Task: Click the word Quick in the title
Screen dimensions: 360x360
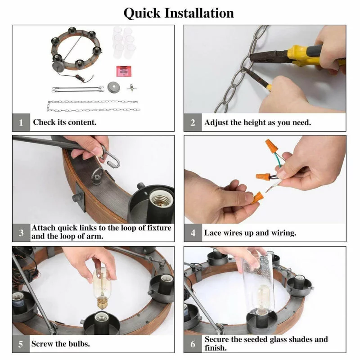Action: click(142, 13)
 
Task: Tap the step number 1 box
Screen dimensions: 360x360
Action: click(21, 122)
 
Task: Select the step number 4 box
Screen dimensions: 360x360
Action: click(193, 233)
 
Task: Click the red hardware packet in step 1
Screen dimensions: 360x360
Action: click(124, 71)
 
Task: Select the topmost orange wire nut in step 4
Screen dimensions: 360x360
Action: click(271, 145)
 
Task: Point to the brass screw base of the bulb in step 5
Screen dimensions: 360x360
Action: click(102, 302)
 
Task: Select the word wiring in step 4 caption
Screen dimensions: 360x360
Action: click(284, 233)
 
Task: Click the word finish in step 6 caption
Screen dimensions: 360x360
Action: click(216, 348)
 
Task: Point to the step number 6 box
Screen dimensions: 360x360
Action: click(193, 344)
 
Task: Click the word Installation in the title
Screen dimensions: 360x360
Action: click(199, 13)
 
